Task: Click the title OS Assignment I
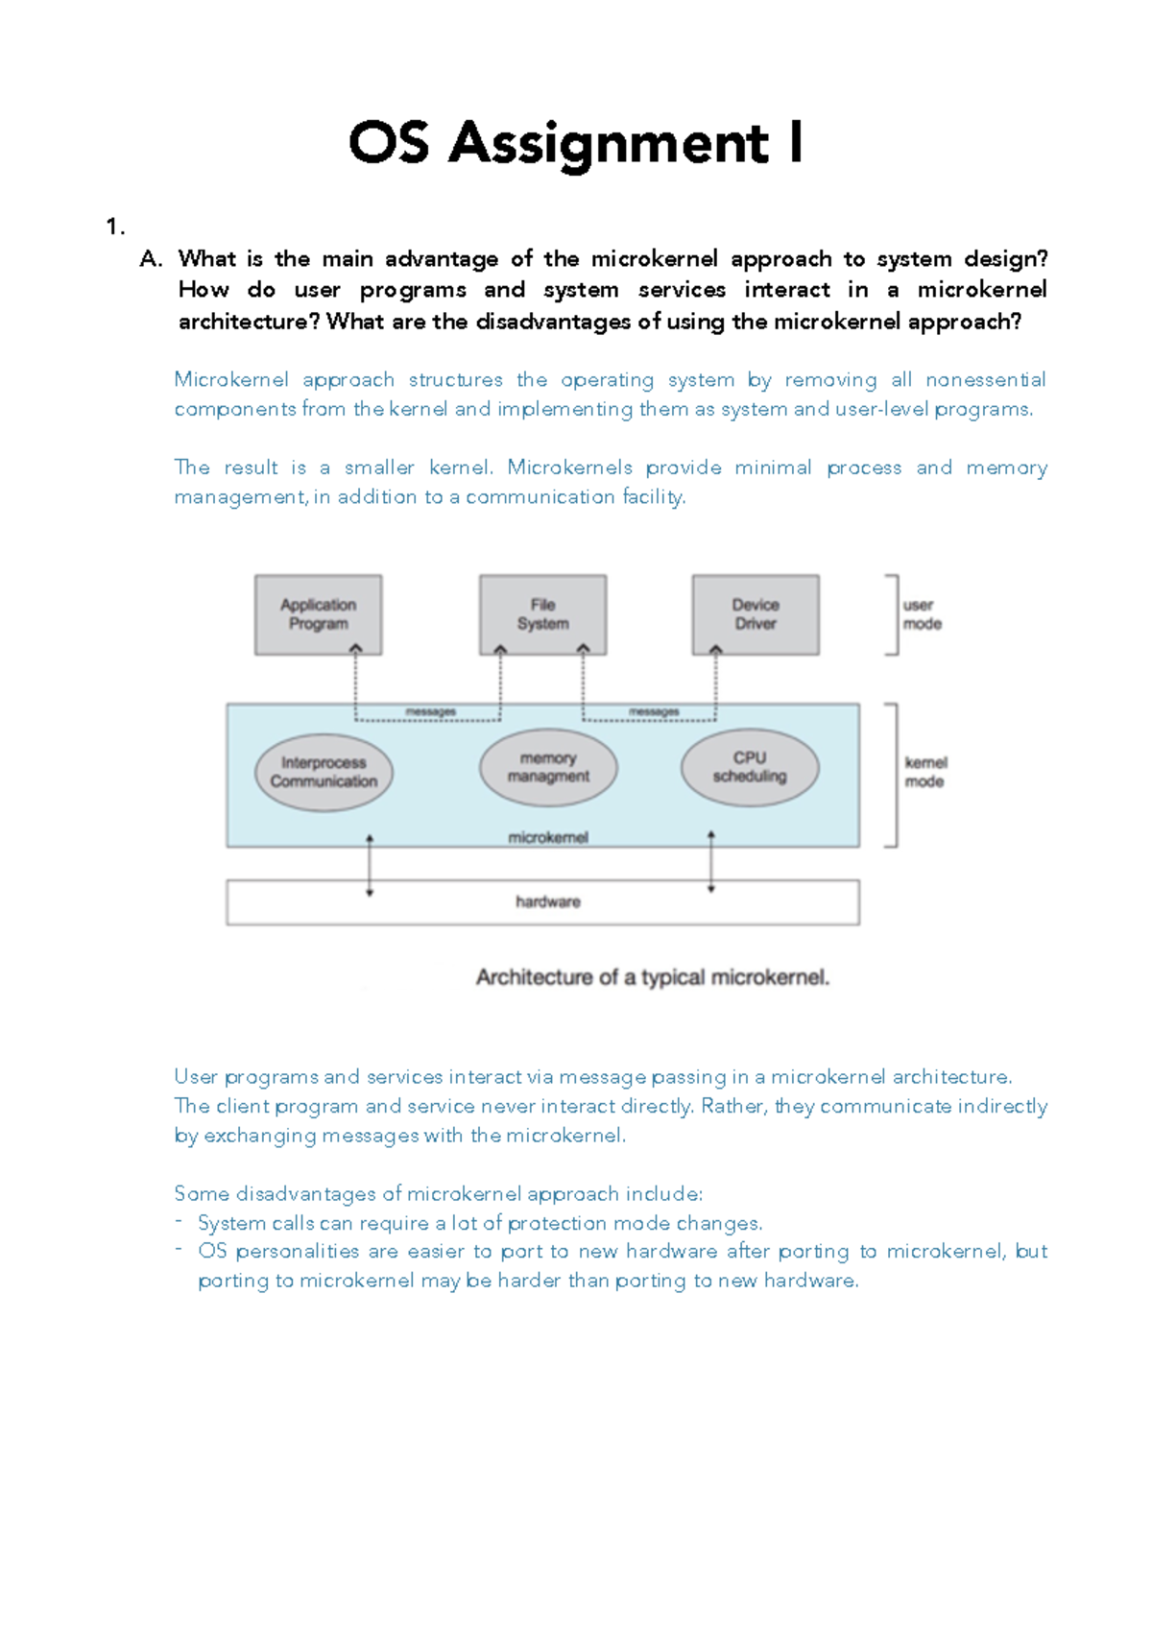tap(575, 144)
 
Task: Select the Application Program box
tap(318, 614)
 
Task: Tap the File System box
tap(542, 614)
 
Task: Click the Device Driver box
tap(756, 614)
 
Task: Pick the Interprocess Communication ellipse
tap(324, 773)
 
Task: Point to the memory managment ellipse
tap(548, 768)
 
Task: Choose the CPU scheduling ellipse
tap(750, 768)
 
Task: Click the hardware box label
tap(548, 902)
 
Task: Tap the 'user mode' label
tap(922, 614)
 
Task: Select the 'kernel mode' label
tap(924, 772)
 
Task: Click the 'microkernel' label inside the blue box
tap(548, 838)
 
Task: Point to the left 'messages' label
tap(430, 712)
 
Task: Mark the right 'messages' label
tap(654, 712)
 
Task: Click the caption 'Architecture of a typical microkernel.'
tap(653, 977)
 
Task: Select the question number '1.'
tap(115, 227)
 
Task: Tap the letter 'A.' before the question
tap(152, 259)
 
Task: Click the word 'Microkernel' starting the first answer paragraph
tap(231, 380)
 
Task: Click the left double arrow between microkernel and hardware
tap(370, 865)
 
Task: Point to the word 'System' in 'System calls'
tap(231, 1224)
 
